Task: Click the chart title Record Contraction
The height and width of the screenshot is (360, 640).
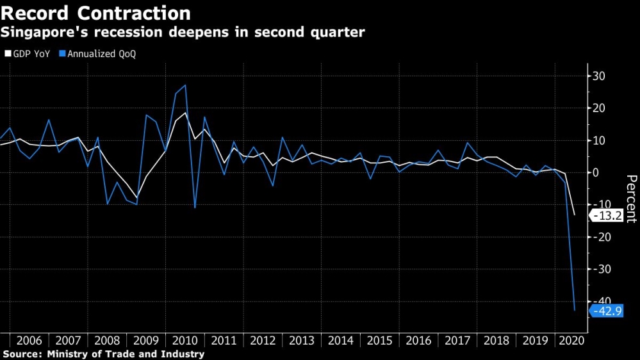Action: (96, 13)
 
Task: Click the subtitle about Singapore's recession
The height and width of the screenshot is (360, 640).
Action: (183, 32)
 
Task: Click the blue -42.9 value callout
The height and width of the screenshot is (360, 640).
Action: (607, 311)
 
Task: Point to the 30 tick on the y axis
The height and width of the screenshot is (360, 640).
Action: (600, 76)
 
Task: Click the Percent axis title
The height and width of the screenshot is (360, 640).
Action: (631, 199)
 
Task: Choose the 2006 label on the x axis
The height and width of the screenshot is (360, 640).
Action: (29, 340)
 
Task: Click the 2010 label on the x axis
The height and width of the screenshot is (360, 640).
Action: (185, 340)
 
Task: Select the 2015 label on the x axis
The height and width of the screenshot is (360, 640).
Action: (381, 340)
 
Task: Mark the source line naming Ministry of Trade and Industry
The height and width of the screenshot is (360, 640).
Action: (104, 354)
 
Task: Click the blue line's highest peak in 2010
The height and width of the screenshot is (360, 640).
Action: (185, 85)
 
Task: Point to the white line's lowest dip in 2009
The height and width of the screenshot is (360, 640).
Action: (136, 197)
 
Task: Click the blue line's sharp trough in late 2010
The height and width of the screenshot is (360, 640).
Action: (195, 208)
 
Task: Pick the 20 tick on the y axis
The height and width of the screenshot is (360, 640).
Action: (600, 108)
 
